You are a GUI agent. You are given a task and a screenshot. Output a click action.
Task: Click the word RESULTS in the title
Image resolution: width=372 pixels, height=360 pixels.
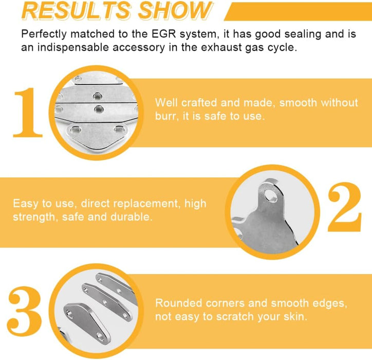77,10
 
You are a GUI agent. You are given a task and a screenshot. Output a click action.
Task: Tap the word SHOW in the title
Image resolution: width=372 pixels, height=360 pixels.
175,10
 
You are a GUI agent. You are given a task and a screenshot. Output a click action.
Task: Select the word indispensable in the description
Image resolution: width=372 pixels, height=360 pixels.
74,47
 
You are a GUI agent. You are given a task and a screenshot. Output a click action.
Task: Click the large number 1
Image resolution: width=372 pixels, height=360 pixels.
28,112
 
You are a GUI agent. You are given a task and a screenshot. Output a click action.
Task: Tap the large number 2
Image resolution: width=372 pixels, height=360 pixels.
344,207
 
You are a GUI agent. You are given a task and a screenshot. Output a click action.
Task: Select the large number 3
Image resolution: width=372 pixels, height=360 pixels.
25,311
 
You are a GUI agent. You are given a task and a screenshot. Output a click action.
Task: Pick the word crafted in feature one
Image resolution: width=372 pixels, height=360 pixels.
199,103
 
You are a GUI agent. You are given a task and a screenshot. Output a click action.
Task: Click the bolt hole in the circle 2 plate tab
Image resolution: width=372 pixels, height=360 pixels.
270,195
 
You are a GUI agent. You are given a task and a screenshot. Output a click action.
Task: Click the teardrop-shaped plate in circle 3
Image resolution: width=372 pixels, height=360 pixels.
87,323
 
